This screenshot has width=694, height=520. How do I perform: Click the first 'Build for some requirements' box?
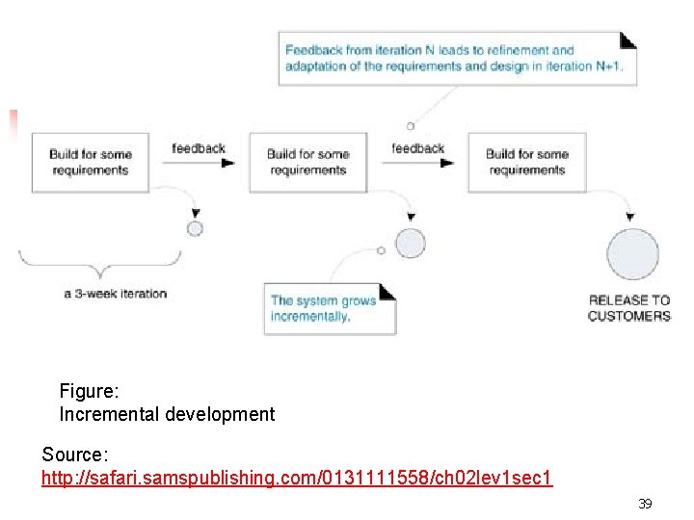pyautogui.click(x=90, y=162)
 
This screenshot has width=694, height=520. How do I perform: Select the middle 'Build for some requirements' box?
pyautogui.click(x=307, y=162)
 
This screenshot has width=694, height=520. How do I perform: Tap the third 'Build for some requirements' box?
pyautogui.click(x=526, y=162)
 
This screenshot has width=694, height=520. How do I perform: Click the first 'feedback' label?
pyautogui.click(x=199, y=148)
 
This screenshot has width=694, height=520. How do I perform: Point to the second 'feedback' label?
pyautogui.click(x=418, y=148)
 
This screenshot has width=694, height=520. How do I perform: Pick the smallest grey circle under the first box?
pyautogui.click(x=195, y=228)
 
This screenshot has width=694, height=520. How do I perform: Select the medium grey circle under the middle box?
pyautogui.click(x=410, y=244)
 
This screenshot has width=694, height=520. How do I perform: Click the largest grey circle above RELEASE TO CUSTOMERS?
pyautogui.click(x=632, y=255)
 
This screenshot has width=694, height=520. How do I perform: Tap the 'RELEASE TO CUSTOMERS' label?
pyautogui.click(x=628, y=308)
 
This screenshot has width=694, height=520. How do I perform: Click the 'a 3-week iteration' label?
pyautogui.click(x=116, y=294)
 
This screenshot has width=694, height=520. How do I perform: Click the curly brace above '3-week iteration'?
pyautogui.click(x=99, y=261)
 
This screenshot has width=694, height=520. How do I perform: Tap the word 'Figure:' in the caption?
pyautogui.click(x=89, y=391)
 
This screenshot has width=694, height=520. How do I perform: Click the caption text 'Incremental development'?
pyautogui.click(x=167, y=415)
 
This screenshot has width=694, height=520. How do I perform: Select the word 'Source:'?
pyautogui.click(x=75, y=454)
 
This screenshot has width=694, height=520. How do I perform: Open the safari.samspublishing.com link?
pyautogui.click(x=297, y=478)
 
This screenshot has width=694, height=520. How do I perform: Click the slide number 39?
pyautogui.click(x=645, y=504)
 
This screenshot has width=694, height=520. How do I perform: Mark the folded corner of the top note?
pyautogui.click(x=627, y=39)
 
